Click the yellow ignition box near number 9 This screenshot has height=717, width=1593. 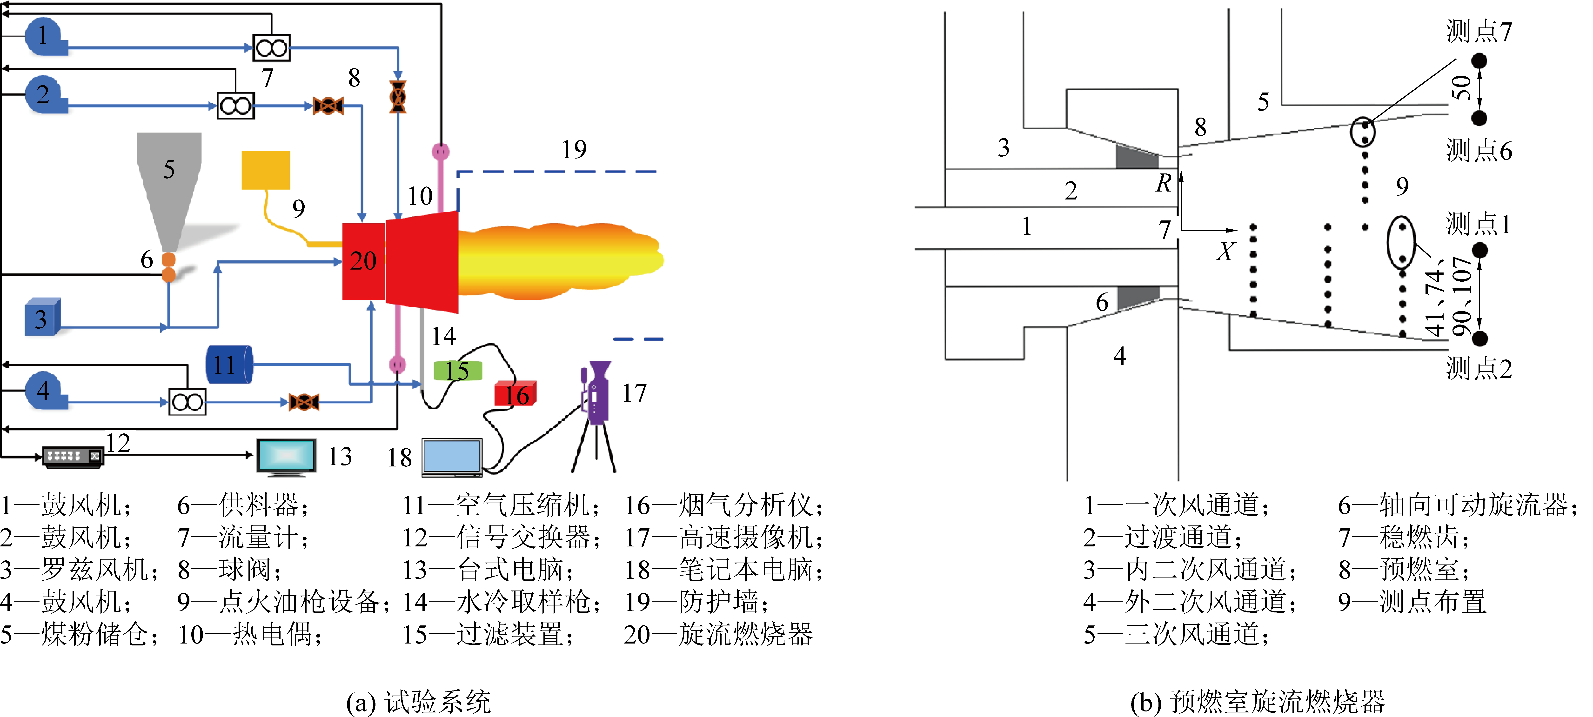tap(265, 170)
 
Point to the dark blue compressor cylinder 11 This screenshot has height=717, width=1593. tap(229, 365)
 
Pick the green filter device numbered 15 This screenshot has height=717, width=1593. tap(458, 371)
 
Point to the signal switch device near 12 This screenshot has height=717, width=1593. tap(72, 456)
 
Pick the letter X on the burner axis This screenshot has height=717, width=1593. tap(1225, 252)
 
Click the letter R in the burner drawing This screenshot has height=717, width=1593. tap(1163, 183)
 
